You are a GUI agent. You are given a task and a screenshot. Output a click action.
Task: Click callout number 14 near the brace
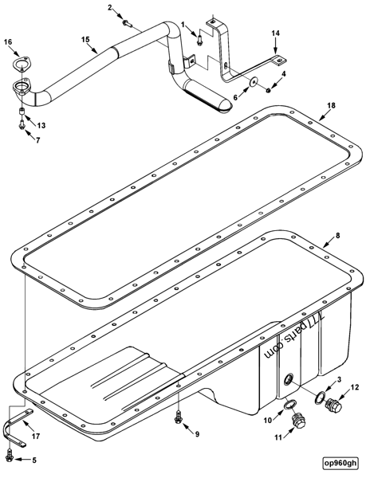point(276,33)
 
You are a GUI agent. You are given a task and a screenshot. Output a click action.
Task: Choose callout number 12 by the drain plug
point(355,387)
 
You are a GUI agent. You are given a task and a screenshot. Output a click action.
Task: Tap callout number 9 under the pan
point(197,434)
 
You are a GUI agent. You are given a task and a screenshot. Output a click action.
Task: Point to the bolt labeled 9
point(179,415)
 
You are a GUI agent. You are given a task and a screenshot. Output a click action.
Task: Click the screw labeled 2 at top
point(125,22)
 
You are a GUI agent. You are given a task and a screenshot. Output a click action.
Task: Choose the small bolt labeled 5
point(9,454)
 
